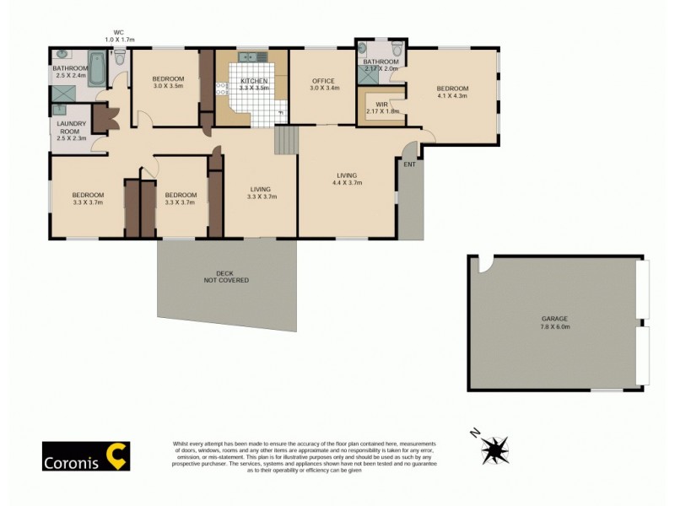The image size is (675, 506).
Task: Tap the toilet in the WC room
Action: pyautogui.click(x=121, y=59)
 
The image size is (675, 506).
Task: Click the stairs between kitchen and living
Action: pyautogui.click(x=287, y=140)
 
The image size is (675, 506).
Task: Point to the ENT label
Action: pyautogui.click(x=409, y=165)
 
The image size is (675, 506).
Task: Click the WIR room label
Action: pyautogui.click(x=381, y=104)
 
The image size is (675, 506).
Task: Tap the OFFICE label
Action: pyautogui.click(x=324, y=80)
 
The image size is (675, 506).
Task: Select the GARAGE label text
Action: pyautogui.click(x=555, y=319)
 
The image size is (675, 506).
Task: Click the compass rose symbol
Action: pyautogui.click(x=494, y=448)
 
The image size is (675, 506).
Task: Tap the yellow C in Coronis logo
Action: pyautogui.click(x=116, y=455)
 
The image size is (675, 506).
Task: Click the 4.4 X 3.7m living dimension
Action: pyautogui.click(x=347, y=182)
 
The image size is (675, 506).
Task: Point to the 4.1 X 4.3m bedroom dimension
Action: pyautogui.click(x=451, y=95)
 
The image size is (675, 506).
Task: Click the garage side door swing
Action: pyautogui.click(x=484, y=265)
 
